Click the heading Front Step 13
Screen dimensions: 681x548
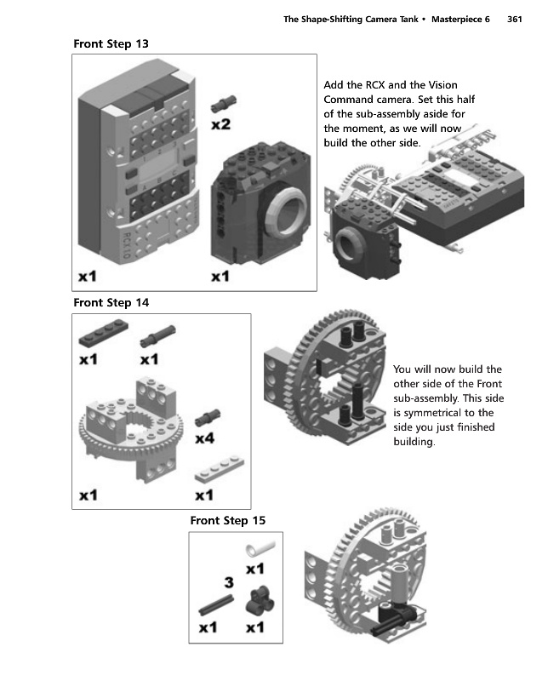tap(113, 43)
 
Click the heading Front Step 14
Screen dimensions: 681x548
tap(113, 302)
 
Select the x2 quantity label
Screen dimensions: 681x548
tap(220, 124)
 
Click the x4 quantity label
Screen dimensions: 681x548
tap(204, 439)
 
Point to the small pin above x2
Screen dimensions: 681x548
tap(224, 103)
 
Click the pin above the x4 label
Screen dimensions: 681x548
tap(205, 417)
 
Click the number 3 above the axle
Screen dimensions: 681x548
tap(228, 583)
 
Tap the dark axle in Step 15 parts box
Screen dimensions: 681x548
tap(218, 605)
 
